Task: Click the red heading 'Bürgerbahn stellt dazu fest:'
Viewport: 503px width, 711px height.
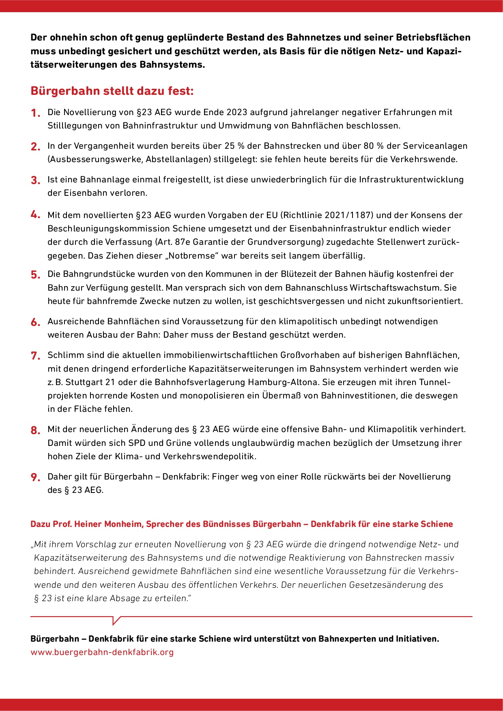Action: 112,91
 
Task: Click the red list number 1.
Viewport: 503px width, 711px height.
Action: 35,113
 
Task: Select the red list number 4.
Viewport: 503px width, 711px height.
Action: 35,215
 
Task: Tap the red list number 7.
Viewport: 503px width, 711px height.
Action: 35,355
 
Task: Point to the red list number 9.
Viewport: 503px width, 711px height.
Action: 35,477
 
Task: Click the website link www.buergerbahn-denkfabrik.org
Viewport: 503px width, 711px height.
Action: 102,652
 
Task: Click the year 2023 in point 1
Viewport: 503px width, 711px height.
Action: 237,112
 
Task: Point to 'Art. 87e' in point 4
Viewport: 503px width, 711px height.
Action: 173,242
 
